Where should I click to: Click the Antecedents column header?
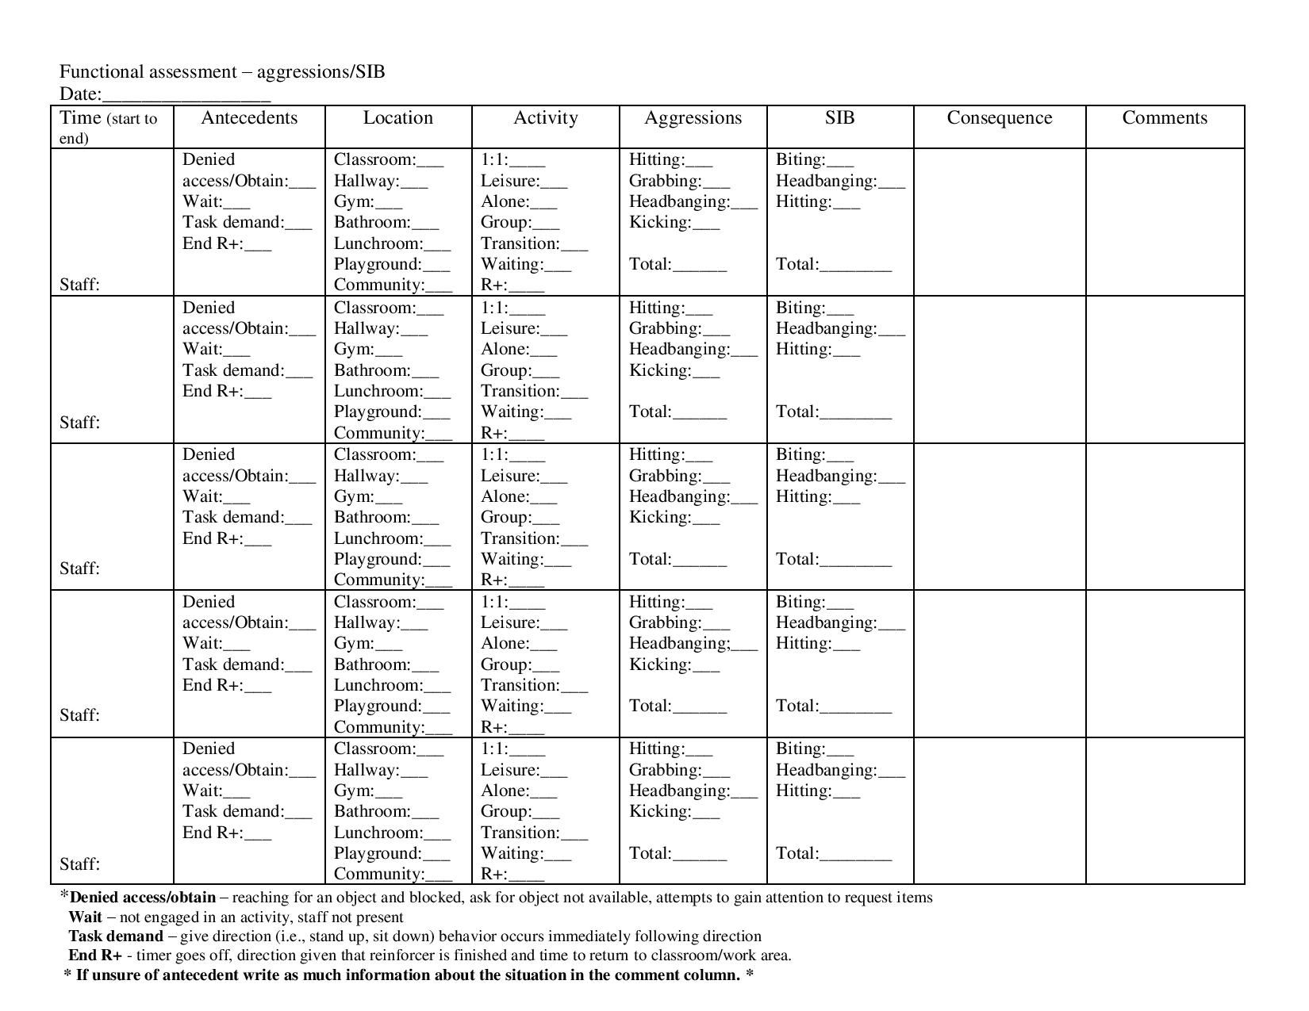pyautogui.click(x=249, y=118)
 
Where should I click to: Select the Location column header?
pyautogui.click(x=397, y=118)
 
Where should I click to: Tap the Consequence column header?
pyautogui.click(x=999, y=118)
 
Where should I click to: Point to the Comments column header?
pyautogui.click(x=1164, y=118)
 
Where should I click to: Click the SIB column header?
pyautogui.click(x=839, y=118)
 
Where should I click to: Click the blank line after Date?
pyautogui.click(x=186, y=97)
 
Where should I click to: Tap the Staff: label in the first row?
pyautogui.click(x=79, y=285)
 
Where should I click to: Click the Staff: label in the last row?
pyautogui.click(x=79, y=864)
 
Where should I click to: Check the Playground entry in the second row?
pyautogui.click(x=391, y=412)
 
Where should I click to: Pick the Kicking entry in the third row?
pyautogui.click(x=674, y=518)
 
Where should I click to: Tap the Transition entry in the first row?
pyautogui.click(x=533, y=243)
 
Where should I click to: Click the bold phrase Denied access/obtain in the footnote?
pyautogui.click(x=142, y=898)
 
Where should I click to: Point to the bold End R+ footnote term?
pyautogui.click(x=95, y=955)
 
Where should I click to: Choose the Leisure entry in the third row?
pyautogui.click(x=524, y=476)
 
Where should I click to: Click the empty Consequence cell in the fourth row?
pyautogui.click(x=999, y=664)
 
